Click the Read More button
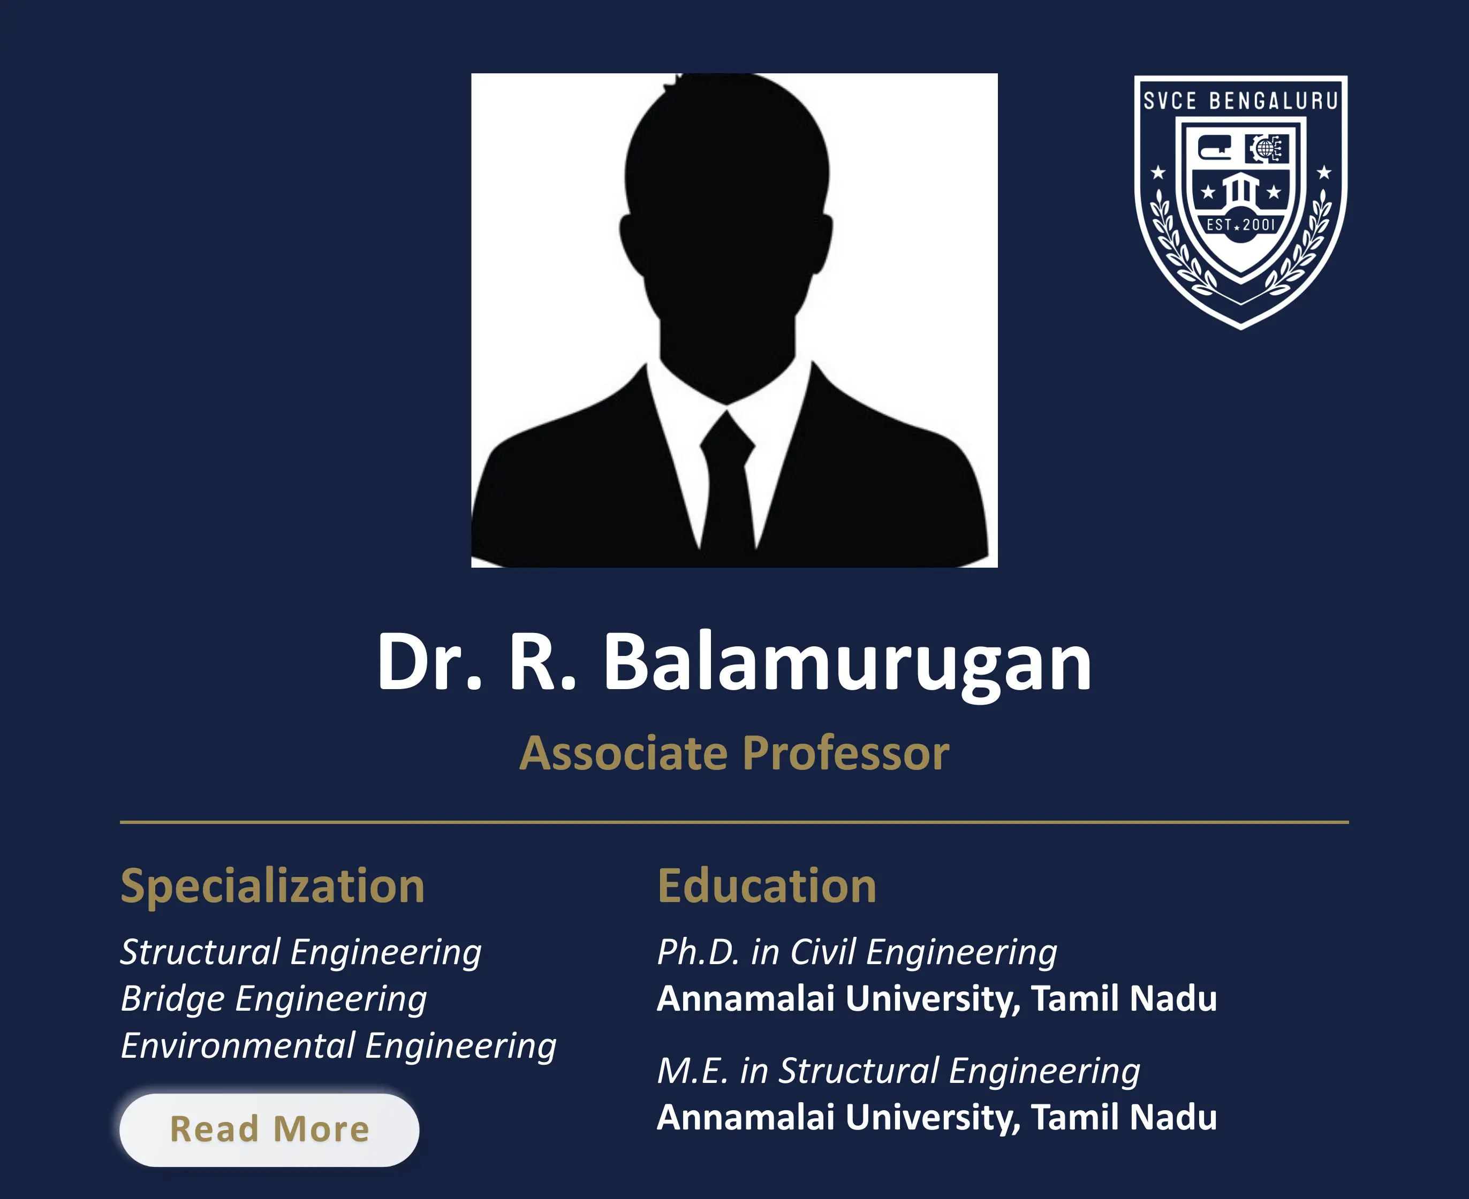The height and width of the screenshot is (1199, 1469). click(269, 1130)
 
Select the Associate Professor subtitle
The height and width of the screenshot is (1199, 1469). click(734, 753)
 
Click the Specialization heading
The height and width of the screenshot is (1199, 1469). click(272, 885)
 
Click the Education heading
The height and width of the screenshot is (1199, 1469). click(767, 885)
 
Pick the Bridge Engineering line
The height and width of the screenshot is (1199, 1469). click(274, 999)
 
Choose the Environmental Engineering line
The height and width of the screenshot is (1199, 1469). click(338, 1045)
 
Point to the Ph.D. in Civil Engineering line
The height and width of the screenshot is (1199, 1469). click(857, 952)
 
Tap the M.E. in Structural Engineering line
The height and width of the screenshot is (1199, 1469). click(898, 1071)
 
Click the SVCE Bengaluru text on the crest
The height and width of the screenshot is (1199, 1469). click(1240, 101)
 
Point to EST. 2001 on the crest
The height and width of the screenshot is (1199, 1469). click(1240, 225)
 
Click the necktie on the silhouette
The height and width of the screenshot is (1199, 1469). click(727, 484)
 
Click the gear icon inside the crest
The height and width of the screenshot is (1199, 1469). click(1266, 149)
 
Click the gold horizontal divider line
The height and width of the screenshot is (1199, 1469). click(734, 822)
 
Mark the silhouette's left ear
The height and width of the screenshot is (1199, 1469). click(630, 242)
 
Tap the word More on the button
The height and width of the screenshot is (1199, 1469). click(321, 1130)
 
